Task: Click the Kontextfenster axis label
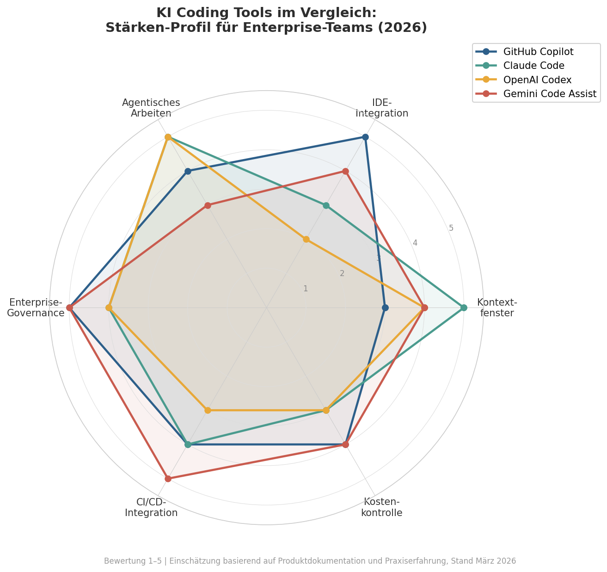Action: point(497,308)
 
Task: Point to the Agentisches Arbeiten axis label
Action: point(151,108)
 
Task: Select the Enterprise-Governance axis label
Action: point(36,308)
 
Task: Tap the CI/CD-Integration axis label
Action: point(151,507)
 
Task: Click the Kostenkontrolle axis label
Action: point(381,507)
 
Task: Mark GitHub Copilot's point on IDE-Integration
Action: point(365,137)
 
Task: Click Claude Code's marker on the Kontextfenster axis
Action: point(464,308)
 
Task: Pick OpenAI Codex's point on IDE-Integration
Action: point(306,240)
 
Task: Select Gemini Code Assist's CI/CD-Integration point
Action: point(168,479)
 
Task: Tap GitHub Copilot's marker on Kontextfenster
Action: point(385,308)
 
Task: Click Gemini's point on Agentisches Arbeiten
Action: point(208,205)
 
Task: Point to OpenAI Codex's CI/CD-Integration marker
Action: point(208,410)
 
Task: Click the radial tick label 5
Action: point(451,228)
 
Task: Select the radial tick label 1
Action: point(306,289)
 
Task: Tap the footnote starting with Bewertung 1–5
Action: point(310,561)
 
